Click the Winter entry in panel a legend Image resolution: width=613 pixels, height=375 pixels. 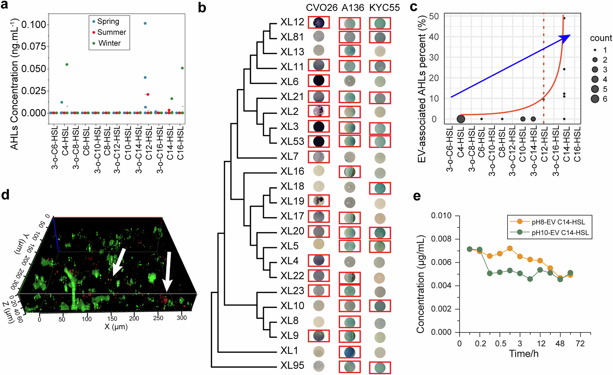click(109, 43)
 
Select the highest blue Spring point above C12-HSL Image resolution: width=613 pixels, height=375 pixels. click(145, 23)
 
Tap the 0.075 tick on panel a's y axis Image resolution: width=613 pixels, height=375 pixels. click(33, 46)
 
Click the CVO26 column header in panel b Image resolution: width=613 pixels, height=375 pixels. click(322, 8)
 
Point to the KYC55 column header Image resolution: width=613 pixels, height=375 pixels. click(384, 8)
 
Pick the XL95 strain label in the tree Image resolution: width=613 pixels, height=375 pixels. click(292, 365)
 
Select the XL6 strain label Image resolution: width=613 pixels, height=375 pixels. click(289, 82)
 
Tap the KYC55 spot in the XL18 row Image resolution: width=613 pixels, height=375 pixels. click(380, 188)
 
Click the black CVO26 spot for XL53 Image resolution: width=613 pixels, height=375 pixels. click(319, 141)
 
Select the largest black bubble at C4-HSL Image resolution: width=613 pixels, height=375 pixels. click(461, 119)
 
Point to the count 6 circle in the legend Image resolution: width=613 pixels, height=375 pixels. click(595, 99)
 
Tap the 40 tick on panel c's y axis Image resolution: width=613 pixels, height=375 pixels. click(434, 37)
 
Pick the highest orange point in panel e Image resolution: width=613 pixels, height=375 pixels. click(510, 248)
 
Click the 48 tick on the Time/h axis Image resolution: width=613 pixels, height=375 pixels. click(560, 343)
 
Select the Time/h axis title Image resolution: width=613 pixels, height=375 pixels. click(524, 354)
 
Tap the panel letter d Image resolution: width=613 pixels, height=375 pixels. click(5, 195)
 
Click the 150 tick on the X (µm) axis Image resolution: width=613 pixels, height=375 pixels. click(112, 318)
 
